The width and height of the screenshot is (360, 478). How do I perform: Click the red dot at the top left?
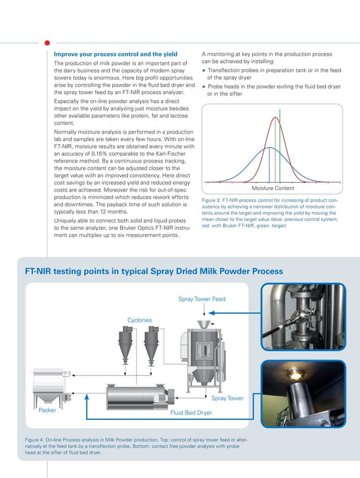coord(47,42)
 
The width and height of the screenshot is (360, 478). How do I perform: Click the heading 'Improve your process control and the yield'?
coord(115,55)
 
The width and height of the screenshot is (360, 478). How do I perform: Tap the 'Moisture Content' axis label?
coord(273,188)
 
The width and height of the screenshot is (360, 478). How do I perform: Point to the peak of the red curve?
coord(275,117)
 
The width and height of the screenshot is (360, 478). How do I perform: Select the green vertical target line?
coord(280,147)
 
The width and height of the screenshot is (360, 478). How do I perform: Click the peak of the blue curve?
coord(270,148)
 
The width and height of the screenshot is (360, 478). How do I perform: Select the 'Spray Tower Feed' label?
coord(202,299)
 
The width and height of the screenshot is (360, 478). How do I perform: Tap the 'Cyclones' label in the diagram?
coord(139,320)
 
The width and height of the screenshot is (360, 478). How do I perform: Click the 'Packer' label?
coord(47,410)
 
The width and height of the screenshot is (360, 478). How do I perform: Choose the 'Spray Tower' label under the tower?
coord(227,399)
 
